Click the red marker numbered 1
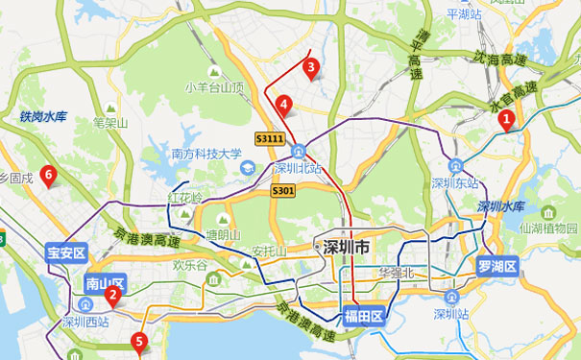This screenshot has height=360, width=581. pos(508,120)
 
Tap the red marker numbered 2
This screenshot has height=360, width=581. pos(112,295)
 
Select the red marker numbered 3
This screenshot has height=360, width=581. pos(310,66)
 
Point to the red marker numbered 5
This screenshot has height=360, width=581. pos(140,340)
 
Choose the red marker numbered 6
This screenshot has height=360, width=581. pos(48,174)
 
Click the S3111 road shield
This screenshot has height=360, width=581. pos(270,139)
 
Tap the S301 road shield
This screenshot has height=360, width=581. pos(282,191)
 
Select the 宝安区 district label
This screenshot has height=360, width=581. pos(66,254)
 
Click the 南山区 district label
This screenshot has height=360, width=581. pos(100,283)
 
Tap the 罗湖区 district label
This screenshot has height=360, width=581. pos(496,266)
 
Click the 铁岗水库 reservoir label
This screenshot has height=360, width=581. pos(42,117)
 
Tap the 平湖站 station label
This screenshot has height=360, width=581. pos(469,13)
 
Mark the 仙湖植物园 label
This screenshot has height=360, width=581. pos(546,228)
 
